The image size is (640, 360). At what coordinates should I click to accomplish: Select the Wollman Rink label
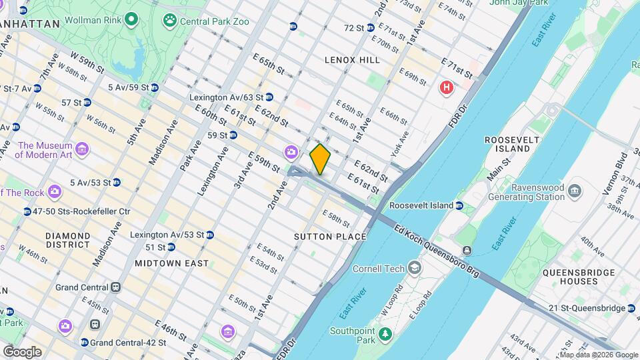pos(93,19)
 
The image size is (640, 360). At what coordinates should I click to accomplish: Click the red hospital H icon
pos(446,87)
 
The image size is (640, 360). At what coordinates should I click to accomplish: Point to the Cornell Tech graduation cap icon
pos(415,269)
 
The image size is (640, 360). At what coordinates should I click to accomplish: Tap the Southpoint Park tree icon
pos(384,333)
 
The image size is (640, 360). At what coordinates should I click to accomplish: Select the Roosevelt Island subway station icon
pos(460,205)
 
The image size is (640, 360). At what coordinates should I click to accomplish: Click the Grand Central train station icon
pos(116,287)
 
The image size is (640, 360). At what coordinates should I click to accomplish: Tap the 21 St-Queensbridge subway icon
pos(631,307)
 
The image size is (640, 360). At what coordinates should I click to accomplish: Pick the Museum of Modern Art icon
pos(82,148)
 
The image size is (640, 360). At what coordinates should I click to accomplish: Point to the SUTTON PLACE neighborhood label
pos(330,237)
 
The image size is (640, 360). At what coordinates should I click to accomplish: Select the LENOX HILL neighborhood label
pos(352,60)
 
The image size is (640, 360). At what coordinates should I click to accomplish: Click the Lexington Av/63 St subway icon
pos(269,97)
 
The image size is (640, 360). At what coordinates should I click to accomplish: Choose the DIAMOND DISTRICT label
pos(68,241)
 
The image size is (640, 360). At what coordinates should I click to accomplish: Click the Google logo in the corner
pos(22,352)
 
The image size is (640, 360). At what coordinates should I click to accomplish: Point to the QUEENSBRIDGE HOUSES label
pos(570,277)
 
